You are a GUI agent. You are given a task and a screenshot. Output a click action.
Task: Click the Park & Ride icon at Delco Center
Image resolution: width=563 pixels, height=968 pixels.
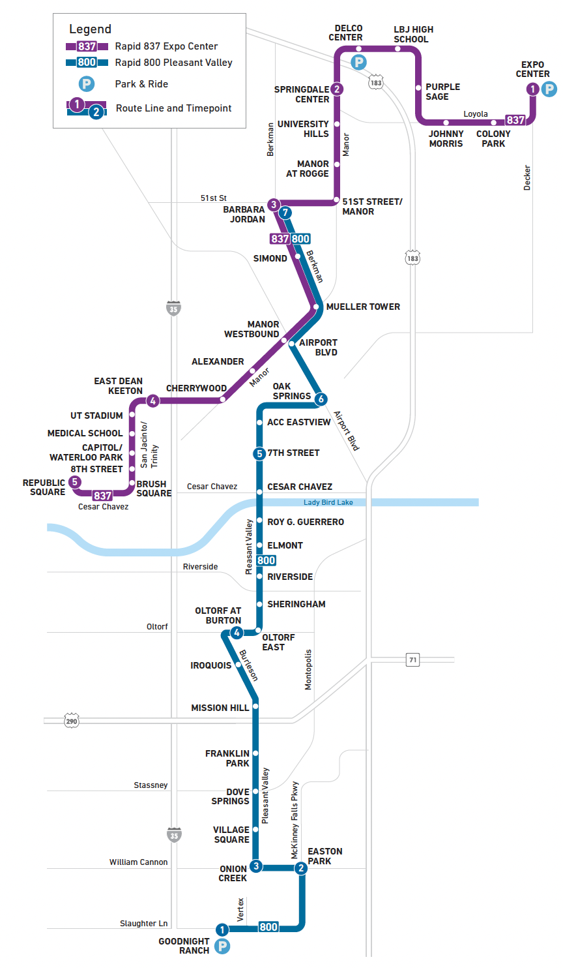[358, 63]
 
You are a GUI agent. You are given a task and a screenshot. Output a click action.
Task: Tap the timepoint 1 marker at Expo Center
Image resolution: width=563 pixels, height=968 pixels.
[533, 89]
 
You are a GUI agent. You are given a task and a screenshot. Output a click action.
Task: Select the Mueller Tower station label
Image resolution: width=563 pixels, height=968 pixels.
[363, 307]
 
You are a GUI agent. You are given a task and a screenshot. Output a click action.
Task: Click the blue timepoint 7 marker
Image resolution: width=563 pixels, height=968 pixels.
[285, 213]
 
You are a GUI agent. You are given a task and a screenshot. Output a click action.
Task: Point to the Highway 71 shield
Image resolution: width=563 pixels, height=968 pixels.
[412, 659]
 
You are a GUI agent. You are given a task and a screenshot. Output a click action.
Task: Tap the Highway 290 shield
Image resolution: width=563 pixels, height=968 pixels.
[72, 721]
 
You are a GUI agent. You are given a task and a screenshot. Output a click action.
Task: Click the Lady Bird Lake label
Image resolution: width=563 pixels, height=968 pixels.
[328, 502]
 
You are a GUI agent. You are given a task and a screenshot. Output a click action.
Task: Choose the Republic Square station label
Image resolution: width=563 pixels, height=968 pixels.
[44, 487]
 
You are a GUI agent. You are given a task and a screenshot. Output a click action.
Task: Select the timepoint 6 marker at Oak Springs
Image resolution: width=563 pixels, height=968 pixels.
[321, 399]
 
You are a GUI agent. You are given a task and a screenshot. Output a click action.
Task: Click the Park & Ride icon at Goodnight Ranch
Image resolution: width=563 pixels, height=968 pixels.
[222, 946]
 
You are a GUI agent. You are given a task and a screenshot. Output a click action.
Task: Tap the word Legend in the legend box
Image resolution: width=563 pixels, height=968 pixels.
[90, 29]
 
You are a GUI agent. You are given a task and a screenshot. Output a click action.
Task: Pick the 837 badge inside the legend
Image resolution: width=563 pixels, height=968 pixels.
[87, 46]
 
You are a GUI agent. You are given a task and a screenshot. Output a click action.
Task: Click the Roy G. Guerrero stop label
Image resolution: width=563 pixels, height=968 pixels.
[305, 522]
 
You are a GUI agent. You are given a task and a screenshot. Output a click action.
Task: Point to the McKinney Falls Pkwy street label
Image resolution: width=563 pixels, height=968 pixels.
[295, 820]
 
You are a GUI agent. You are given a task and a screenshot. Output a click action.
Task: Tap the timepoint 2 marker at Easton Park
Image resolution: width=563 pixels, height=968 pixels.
[300, 868]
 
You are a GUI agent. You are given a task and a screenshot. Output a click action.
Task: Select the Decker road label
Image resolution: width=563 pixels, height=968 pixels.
[527, 177]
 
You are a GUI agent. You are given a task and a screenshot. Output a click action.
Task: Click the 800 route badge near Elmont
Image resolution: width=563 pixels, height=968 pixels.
[266, 560]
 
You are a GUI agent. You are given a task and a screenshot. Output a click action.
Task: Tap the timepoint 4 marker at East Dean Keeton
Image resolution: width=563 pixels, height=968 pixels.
[152, 401]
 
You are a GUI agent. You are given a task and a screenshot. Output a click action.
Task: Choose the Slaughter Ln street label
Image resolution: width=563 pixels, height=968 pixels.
[143, 924]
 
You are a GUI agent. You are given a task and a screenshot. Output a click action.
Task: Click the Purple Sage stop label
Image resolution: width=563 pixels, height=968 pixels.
[442, 92]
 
